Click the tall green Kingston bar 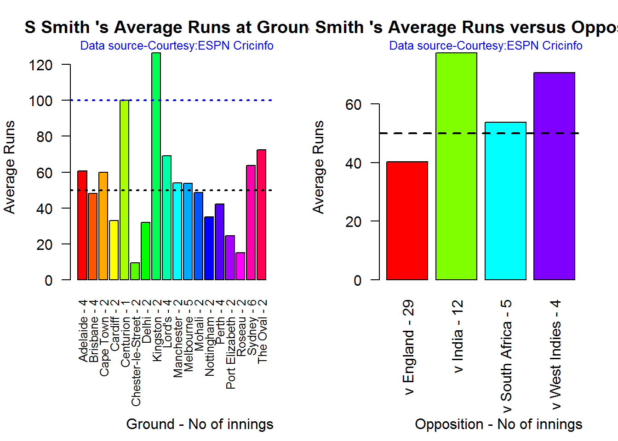tap(156, 165)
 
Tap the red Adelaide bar tap(82, 225)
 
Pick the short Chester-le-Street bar tap(135, 271)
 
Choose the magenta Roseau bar tap(240, 266)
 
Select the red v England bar tap(407, 220)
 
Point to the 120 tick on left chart tap(41, 65)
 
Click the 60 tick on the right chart tap(354, 105)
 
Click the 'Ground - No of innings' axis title tap(200, 424)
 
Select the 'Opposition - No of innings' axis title tap(498, 424)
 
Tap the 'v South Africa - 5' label tap(506, 356)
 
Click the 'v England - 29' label tap(408, 347)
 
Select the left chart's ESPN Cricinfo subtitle tap(177, 46)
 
